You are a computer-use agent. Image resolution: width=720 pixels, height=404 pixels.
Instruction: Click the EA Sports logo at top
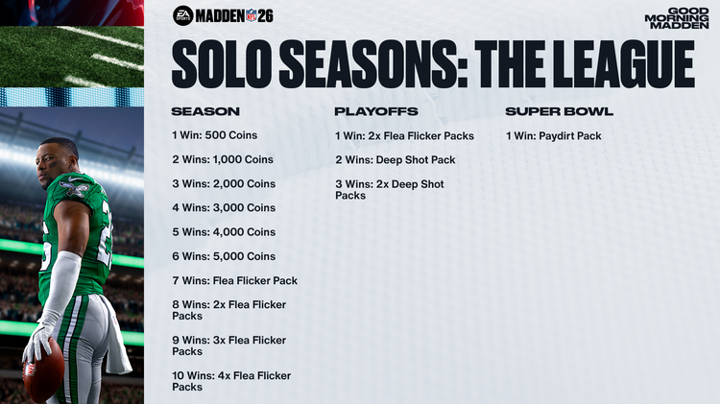183,14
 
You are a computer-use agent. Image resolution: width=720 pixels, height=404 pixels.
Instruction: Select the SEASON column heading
205,111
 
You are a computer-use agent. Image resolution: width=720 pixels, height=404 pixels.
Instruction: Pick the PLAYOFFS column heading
376,111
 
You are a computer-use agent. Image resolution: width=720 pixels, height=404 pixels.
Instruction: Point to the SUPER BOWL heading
560,111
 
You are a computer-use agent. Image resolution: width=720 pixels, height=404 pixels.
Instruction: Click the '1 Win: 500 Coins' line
214,135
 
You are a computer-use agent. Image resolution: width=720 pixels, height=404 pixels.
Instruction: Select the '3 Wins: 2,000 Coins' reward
223,183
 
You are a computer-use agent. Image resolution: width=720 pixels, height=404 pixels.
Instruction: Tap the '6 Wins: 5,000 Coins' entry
223,256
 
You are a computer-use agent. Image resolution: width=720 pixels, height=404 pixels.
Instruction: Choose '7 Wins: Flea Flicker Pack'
234,280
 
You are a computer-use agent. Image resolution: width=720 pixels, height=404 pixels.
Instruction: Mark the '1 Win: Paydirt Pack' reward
553,135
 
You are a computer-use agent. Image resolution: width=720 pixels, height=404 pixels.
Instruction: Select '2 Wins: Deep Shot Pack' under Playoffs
396,159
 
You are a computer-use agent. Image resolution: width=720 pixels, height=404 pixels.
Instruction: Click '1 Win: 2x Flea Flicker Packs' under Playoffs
404,135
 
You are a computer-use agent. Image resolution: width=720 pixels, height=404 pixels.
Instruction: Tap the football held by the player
43,370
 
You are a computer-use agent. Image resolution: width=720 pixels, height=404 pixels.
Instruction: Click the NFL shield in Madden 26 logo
252,15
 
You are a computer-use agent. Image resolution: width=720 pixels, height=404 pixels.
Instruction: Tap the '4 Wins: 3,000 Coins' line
223,207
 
